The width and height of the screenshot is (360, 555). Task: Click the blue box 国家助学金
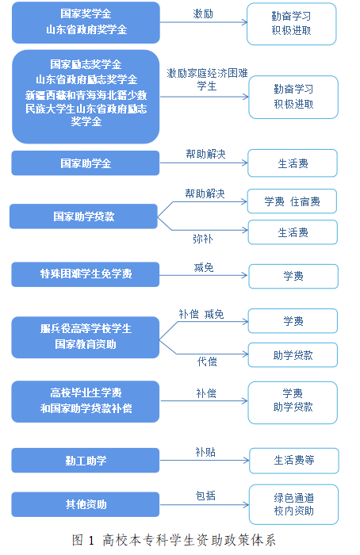coord(86,163)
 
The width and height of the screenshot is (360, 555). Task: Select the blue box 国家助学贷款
coord(83,216)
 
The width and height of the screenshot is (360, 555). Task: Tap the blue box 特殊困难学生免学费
coord(86,274)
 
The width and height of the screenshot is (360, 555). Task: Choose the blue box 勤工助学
coord(86,461)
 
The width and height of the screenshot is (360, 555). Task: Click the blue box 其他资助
coord(86,504)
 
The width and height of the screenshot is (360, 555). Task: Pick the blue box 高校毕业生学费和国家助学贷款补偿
coord(86,401)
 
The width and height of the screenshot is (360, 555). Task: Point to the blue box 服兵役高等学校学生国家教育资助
coord(86,337)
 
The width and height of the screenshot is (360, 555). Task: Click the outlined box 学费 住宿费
coord(292,201)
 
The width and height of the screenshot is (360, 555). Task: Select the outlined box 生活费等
coord(294,461)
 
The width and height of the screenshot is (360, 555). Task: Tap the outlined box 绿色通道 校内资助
coord(294,504)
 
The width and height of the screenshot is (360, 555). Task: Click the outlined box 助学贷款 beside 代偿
coord(293,355)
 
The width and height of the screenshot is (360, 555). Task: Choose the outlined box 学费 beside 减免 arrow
coord(293,276)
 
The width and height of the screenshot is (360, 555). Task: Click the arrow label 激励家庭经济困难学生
coord(207,79)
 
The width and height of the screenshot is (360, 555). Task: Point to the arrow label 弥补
coord(203,239)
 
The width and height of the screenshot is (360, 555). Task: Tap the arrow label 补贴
coord(205,452)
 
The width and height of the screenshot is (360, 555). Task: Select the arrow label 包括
coord(205,496)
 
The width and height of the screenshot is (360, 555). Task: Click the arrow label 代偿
coord(207,362)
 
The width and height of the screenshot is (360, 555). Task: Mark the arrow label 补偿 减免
coord(201,314)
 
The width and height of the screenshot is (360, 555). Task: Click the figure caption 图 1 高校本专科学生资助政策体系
coord(174,540)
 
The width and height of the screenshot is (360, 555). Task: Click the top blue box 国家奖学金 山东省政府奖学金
coord(86,23)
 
